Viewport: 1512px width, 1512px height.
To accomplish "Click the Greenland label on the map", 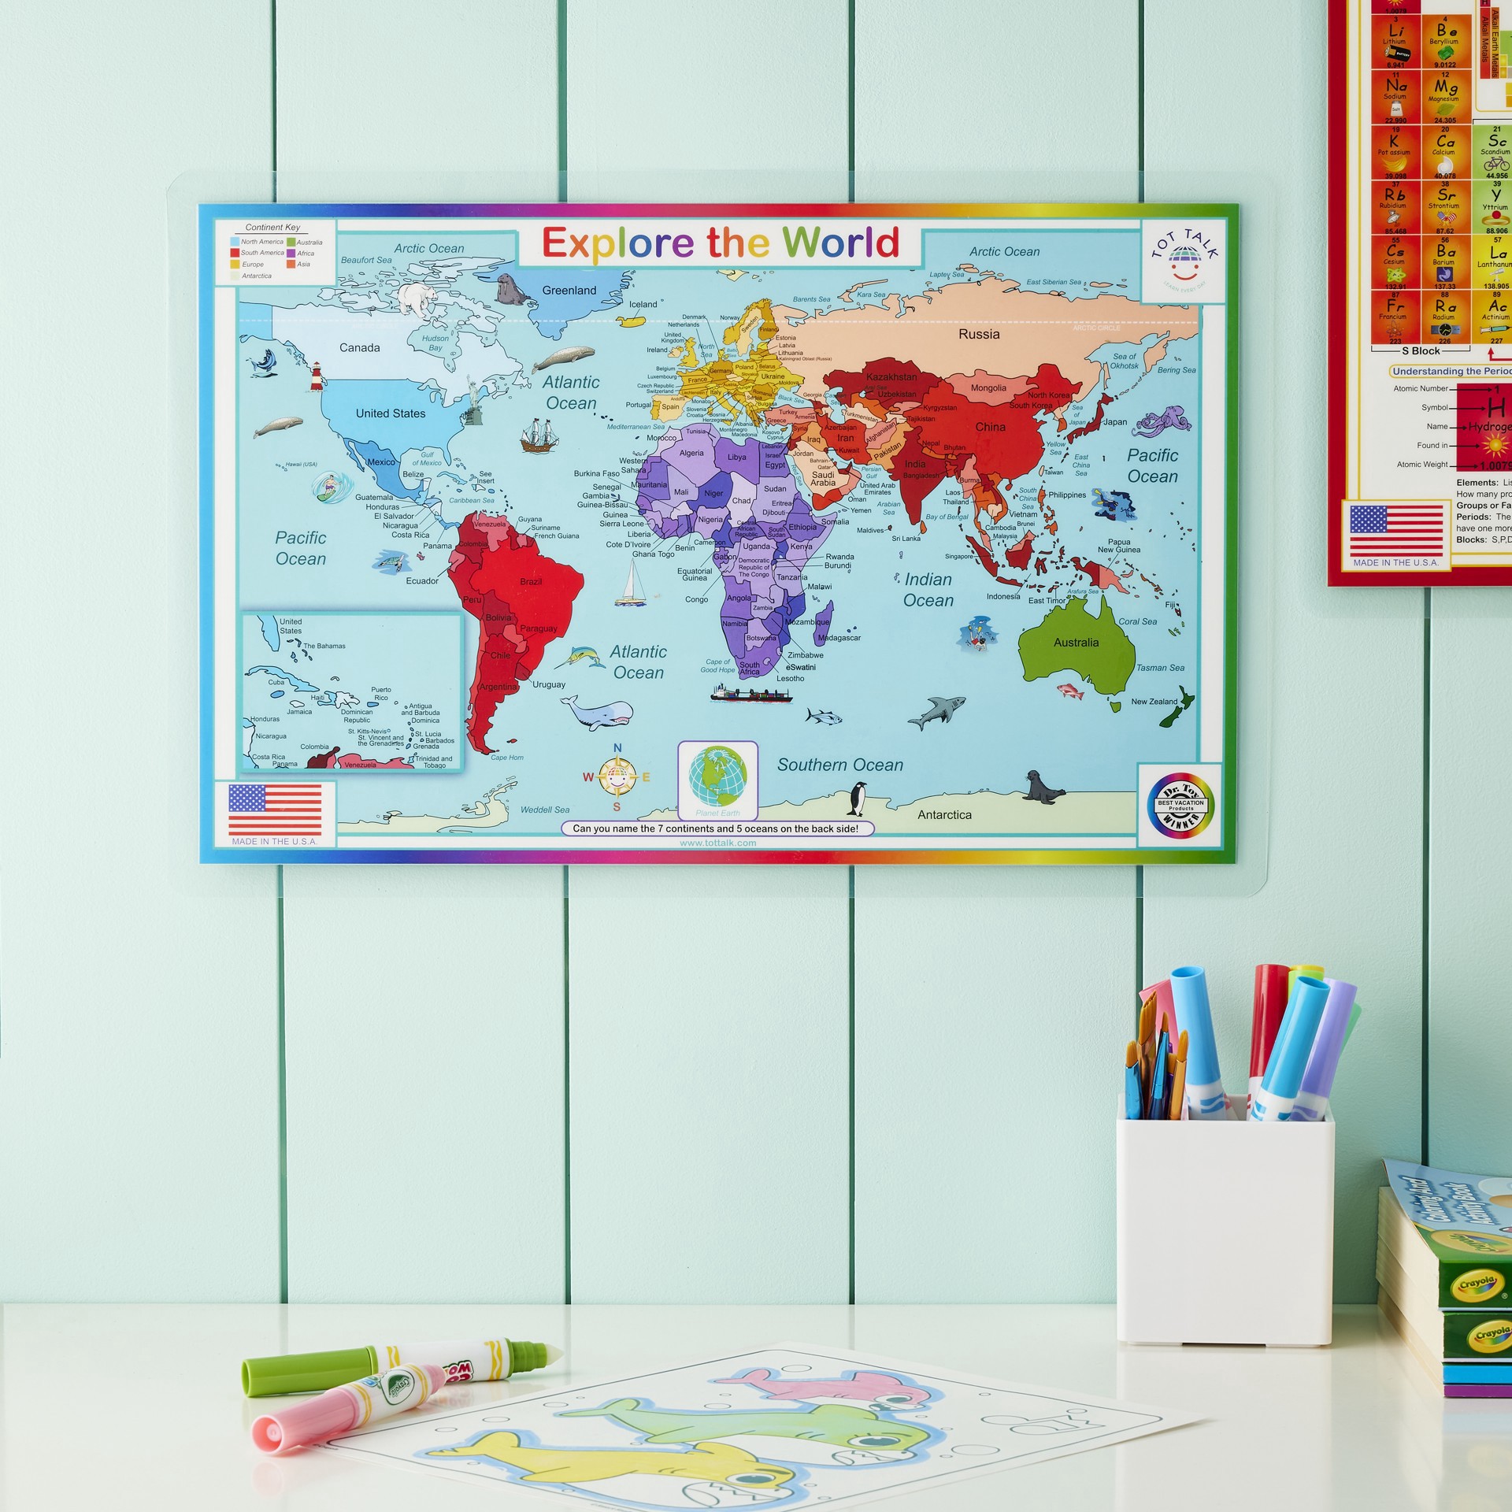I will [x=569, y=291].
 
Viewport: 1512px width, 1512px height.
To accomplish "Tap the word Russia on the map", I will [x=979, y=334].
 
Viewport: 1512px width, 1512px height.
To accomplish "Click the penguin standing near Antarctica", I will [x=856, y=799].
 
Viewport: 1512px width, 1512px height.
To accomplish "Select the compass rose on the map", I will [x=617, y=778].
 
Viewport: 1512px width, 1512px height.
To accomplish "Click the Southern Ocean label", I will [x=839, y=765].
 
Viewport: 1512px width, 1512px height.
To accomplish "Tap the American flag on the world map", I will [x=275, y=810].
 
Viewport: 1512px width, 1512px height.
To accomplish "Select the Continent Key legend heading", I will [x=272, y=228].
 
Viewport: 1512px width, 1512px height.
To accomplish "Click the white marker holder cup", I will [x=1223, y=1222].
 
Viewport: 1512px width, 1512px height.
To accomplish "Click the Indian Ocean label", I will [x=928, y=590].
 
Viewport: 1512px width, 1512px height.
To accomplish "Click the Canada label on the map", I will [x=359, y=348].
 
